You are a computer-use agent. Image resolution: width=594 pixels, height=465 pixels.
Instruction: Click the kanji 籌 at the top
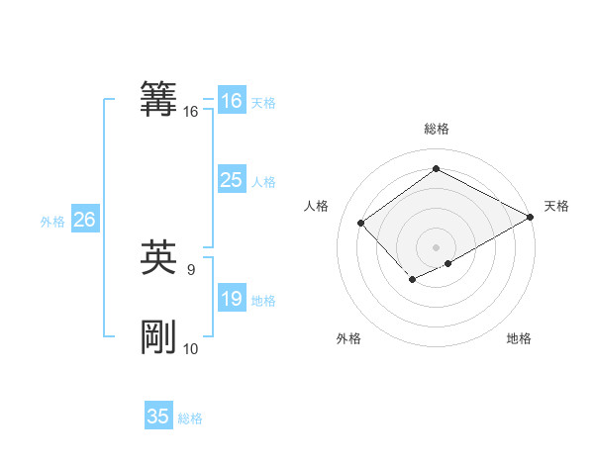pyautogui.click(x=158, y=100)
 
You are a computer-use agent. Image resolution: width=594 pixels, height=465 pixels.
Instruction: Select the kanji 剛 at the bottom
pyautogui.click(x=158, y=338)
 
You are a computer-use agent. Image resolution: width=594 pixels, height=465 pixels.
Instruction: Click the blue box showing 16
pyautogui.click(x=231, y=101)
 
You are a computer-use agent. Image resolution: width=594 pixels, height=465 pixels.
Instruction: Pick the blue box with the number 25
pyautogui.click(x=231, y=180)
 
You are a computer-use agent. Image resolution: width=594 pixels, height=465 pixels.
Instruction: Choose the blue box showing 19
pyautogui.click(x=231, y=299)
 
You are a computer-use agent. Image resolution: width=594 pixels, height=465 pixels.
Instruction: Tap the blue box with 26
pyautogui.click(x=84, y=220)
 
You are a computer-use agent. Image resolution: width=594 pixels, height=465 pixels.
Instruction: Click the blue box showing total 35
pyautogui.click(x=158, y=417)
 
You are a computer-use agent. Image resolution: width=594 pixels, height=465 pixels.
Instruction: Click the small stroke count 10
pyautogui.click(x=191, y=348)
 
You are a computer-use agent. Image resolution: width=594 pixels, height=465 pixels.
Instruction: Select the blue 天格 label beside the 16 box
pyautogui.click(x=262, y=102)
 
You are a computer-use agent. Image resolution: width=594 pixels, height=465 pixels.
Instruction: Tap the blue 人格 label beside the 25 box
pyautogui.click(x=262, y=181)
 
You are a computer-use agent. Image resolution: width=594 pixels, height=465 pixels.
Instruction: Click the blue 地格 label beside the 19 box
pyautogui.click(x=262, y=300)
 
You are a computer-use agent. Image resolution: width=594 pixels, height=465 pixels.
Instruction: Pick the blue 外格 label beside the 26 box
pyautogui.click(x=52, y=221)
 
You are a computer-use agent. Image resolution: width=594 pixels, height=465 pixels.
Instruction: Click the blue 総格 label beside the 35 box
pyautogui.click(x=190, y=418)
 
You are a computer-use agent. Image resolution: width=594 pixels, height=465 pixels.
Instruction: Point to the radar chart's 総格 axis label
pyautogui.click(x=436, y=129)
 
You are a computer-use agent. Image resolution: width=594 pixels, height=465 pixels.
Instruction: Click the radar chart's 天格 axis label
pyautogui.click(x=556, y=206)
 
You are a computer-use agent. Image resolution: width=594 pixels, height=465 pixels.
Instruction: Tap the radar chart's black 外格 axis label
pyautogui.click(x=348, y=338)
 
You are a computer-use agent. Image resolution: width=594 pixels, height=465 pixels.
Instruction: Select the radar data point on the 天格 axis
pyautogui.click(x=532, y=217)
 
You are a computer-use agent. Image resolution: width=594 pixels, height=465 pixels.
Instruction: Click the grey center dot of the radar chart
pyautogui.click(x=436, y=247)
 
